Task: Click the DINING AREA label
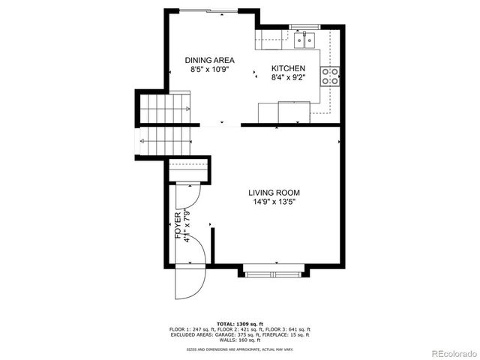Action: click(210, 60)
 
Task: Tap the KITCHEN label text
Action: click(288, 67)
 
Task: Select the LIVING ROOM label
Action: click(274, 192)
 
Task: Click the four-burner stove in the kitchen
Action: click(330, 76)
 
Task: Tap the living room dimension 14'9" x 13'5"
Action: click(274, 202)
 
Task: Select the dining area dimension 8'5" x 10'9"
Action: click(210, 70)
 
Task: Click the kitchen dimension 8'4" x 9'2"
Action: click(288, 76)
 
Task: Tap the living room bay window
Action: click(274, 271)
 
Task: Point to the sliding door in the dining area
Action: click(210, 10)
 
